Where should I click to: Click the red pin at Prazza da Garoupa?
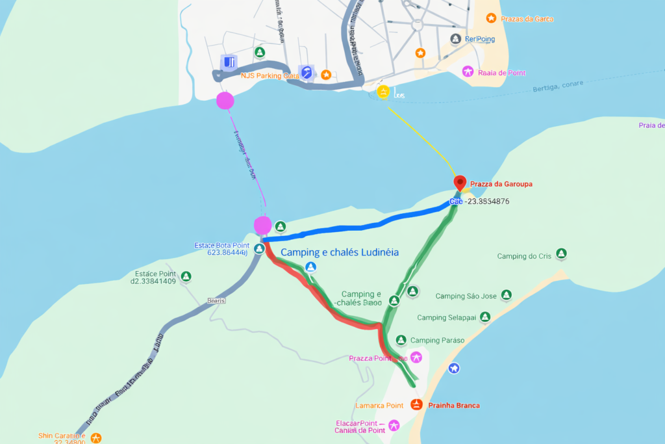click(x=460, y=182)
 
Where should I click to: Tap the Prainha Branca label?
click(x=454, y=405)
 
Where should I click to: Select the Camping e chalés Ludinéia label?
click(x=339, y=252)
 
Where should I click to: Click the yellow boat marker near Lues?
click(x=383, y=92)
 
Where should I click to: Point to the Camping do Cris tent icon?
click(x=561, y=253)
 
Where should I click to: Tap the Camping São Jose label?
click(x=466, y=296)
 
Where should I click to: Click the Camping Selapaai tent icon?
click(x=484, y=317)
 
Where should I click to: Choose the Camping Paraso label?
click(x=437, y=340)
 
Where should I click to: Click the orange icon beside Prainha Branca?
click(x=417, y=405)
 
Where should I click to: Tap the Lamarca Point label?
click(x=379, y=405)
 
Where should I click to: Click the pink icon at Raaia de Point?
click(x=468, y=72)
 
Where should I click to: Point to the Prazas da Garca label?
click(x=527, y=19)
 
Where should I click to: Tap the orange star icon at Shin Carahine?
click(x=96, y=437)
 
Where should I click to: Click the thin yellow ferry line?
click(x=422, y=137)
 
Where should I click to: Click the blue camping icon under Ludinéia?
click(x=310, y=267)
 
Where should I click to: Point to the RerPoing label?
click(x=479, y=39)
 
